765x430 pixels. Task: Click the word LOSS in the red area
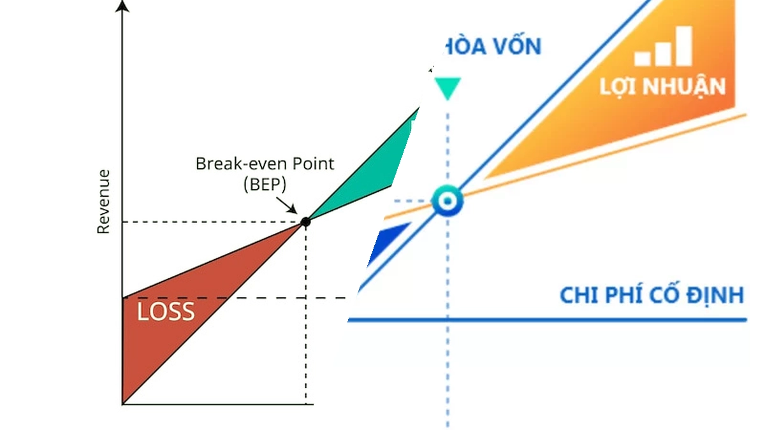click(x=166, y=312)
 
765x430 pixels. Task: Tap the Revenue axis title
click(x=103, y=202)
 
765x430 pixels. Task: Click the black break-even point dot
click(x=305, y=222)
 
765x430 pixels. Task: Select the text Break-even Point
click(x=265, y=164)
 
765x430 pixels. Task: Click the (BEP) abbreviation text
click(x=265, y=184)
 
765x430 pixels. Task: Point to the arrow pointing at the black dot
click(x=286, y=205)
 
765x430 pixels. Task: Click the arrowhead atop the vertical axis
click(x=122, y=6)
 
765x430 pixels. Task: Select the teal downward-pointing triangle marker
click(x=448, y=87)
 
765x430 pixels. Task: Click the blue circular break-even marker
click(x=448, y=201)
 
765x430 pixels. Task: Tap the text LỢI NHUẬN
click(x=662, y=87)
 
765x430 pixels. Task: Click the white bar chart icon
click(x=663, y=46)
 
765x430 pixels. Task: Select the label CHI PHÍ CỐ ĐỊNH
click(x=652, y=295)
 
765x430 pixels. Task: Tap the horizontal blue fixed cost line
click(x=547, y=320)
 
